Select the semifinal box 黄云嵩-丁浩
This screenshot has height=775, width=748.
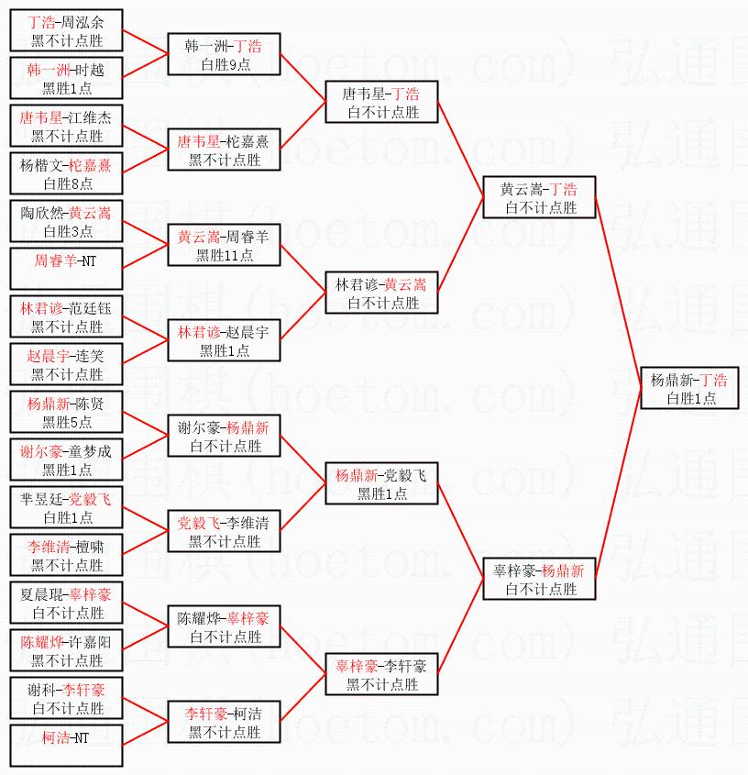[540, 197]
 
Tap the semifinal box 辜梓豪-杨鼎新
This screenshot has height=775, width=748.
[540, 579]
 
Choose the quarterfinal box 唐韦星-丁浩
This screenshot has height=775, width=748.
[382, 102]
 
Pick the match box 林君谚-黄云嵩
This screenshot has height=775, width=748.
[382, 293]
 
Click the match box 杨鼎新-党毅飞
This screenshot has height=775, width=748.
[382, 483]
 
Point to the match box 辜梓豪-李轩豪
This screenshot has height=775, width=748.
[382, 674]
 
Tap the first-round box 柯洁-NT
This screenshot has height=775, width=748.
[66, 746]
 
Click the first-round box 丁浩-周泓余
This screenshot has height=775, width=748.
[66, 30]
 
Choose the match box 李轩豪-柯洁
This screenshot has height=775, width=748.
[225, 722]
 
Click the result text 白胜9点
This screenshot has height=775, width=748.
[225, 64]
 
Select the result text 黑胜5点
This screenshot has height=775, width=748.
[67, 422]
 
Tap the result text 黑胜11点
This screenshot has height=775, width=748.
[225, 255]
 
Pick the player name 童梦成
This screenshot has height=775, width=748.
[92, 450]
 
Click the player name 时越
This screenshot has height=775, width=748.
[90, 69]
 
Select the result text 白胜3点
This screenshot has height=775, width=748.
[67, 231]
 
